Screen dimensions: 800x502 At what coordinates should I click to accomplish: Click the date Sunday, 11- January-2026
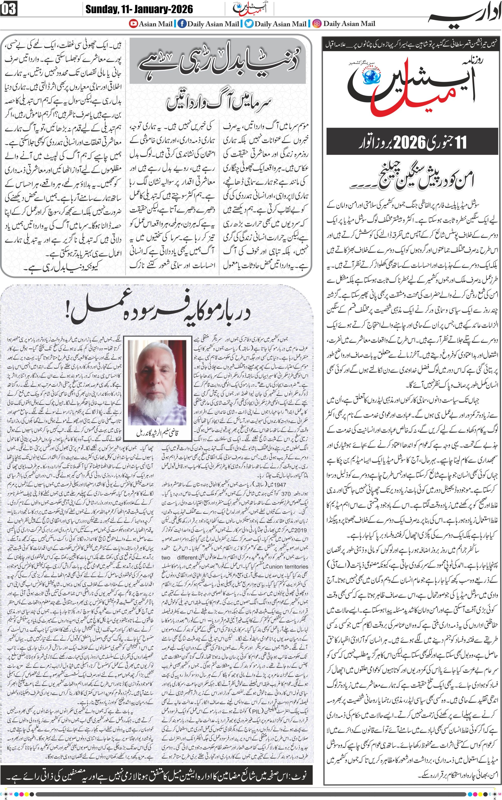(139, 9)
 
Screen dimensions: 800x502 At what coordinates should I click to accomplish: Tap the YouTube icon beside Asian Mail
(134, 24)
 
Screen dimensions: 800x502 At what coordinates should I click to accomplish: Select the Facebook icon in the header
(182, 24)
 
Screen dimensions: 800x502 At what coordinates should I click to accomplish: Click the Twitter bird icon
(249, 24)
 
